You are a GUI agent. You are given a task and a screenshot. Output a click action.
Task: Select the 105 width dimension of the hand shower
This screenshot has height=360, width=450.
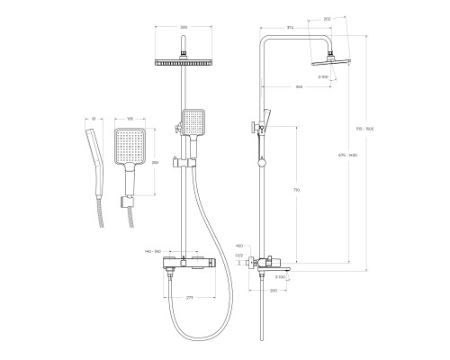tap(130, 118)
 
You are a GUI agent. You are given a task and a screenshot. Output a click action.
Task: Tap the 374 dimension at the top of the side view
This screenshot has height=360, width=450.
tap(291, 28)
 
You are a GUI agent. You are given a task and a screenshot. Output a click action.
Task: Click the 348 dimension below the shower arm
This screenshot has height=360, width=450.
tap(298, 87)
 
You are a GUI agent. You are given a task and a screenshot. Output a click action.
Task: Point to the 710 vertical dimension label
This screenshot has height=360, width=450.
tap(298, 192)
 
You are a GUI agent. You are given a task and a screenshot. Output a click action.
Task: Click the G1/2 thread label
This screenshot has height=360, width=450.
tap(239, 256)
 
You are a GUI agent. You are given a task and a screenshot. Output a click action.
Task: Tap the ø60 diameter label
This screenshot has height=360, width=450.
tap(238, 245)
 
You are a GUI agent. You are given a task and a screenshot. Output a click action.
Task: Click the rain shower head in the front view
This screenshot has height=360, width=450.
tap(184, 62)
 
